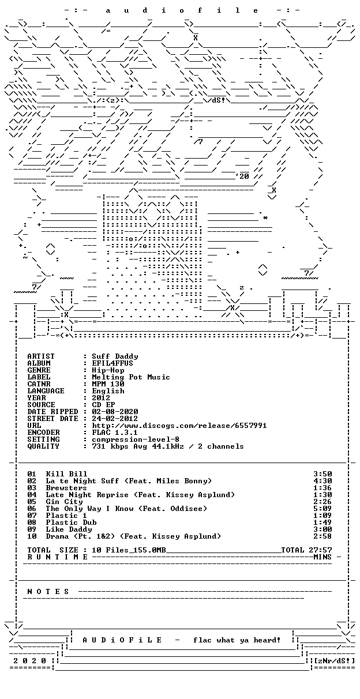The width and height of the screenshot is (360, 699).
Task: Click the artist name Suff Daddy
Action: tap(115, 356)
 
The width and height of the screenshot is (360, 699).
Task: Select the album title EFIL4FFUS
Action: tap(112, 363)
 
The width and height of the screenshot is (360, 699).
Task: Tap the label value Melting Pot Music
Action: tap(131, 377)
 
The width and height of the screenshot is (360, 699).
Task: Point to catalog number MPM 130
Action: tap(108, 384)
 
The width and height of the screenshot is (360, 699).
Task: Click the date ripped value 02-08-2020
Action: tap(115, 412)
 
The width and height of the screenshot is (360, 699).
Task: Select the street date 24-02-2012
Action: tap(115, 419)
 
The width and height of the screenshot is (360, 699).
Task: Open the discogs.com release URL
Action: tap(179, 426)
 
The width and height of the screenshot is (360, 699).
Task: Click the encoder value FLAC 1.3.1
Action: tap(115, 433)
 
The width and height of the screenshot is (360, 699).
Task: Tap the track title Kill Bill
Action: tap(66, 474)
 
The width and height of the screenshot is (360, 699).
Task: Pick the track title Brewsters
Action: tap(66, 488)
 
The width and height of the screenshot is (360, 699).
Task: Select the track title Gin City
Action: tap(64, 502)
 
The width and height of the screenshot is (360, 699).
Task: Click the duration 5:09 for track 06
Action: tap(322, 509)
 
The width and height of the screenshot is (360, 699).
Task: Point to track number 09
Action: tap(32, 529)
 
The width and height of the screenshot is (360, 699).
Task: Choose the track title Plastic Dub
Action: tap(71, 523)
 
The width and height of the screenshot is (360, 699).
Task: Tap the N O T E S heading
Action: tap(48, 592)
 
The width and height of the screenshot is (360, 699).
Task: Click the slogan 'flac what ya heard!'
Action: tap(237, 640)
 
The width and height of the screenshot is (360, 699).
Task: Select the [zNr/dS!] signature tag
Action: tap(335, 660)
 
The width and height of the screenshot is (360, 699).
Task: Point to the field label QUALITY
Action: tap(43, 446)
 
